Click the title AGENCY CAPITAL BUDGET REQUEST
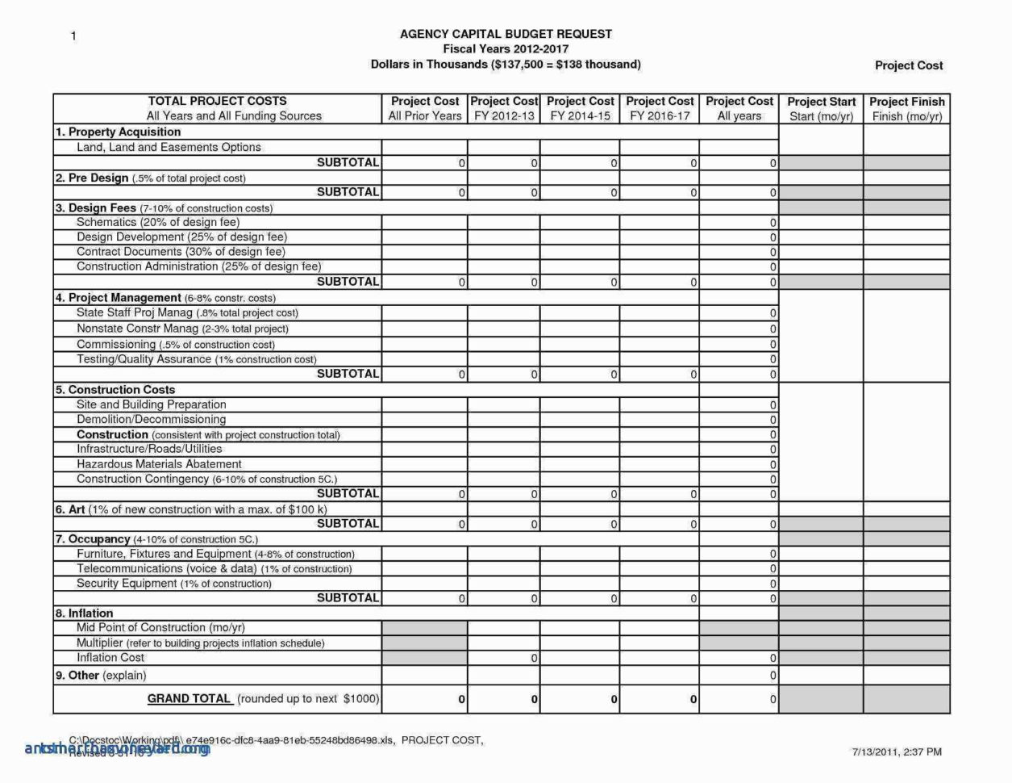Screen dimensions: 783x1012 (x=506, y=34)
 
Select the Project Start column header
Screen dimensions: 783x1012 (x=821, y=109)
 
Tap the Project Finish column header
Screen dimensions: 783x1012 (x=906, y=109)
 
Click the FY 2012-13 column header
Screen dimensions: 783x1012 (x=504, y=109)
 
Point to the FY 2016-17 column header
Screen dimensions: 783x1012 (x=660, y=109)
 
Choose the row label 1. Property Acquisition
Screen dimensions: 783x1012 (x=119, y=132)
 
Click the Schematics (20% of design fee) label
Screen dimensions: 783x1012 (x=158, y=222)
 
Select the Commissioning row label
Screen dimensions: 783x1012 (x=175, y=344)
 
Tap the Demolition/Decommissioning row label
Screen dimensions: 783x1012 (x=151, y=419)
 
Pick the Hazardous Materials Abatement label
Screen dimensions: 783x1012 (x=159, y=464)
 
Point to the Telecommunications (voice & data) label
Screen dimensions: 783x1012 (x=214, y=568)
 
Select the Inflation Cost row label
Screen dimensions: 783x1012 (x=110, y=657)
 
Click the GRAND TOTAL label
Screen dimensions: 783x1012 (x=189, y=698)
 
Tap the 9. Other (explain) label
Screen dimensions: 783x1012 (x=101, y=675)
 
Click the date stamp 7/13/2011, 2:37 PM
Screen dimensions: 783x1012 (x=897, y=752)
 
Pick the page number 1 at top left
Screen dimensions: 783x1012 (x=73, y=36)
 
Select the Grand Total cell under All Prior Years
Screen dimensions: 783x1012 (x=424, y=699)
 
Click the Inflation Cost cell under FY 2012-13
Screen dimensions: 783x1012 (x=504, y=658)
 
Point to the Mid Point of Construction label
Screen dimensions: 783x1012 (x=160, y=627)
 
